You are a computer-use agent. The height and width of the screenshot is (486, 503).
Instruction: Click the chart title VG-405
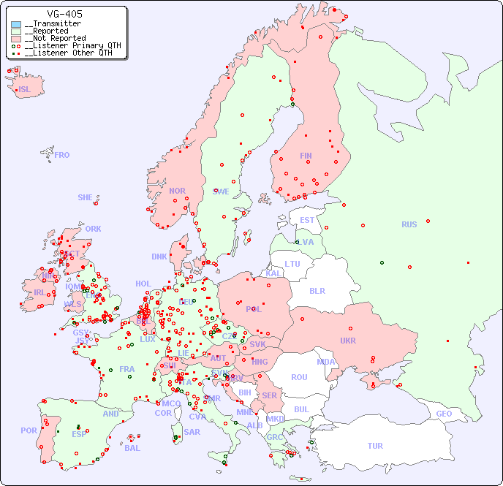click(x=64, y=14)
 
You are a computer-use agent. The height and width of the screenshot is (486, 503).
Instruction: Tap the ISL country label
click(x=25, y=90)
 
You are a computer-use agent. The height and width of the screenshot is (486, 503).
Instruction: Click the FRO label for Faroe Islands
click(x=62, y=155)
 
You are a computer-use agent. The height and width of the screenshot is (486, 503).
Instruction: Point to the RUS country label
click(x=409, y=224)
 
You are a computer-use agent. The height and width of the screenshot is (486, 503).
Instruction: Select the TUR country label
click(x=375, y=446)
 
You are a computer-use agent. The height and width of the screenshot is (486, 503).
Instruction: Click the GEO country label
click(x=444, y=414)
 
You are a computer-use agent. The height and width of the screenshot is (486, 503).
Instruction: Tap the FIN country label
click(x=306, y=156)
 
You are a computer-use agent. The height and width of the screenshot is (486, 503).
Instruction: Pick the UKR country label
click(x=348, y=341)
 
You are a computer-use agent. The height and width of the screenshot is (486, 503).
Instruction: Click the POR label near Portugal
click(x=29, y=430)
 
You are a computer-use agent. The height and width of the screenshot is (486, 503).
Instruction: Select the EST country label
click(x=307, y=220)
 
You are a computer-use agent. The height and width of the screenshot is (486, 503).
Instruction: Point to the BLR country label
click(x=317, y=290)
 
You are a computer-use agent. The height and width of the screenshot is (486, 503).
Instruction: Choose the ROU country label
click(x=299, y=377)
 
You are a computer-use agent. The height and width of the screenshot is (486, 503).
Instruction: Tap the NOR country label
click(x=177, y=191)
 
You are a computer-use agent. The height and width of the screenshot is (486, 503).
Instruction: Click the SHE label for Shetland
click(x=86, y=197)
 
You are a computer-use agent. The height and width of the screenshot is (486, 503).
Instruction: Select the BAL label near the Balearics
click(x=132, y=448)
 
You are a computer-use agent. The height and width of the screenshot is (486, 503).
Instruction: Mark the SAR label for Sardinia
click(x=192, y=432)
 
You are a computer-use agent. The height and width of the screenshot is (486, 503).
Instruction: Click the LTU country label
click(x=292, y=264)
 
